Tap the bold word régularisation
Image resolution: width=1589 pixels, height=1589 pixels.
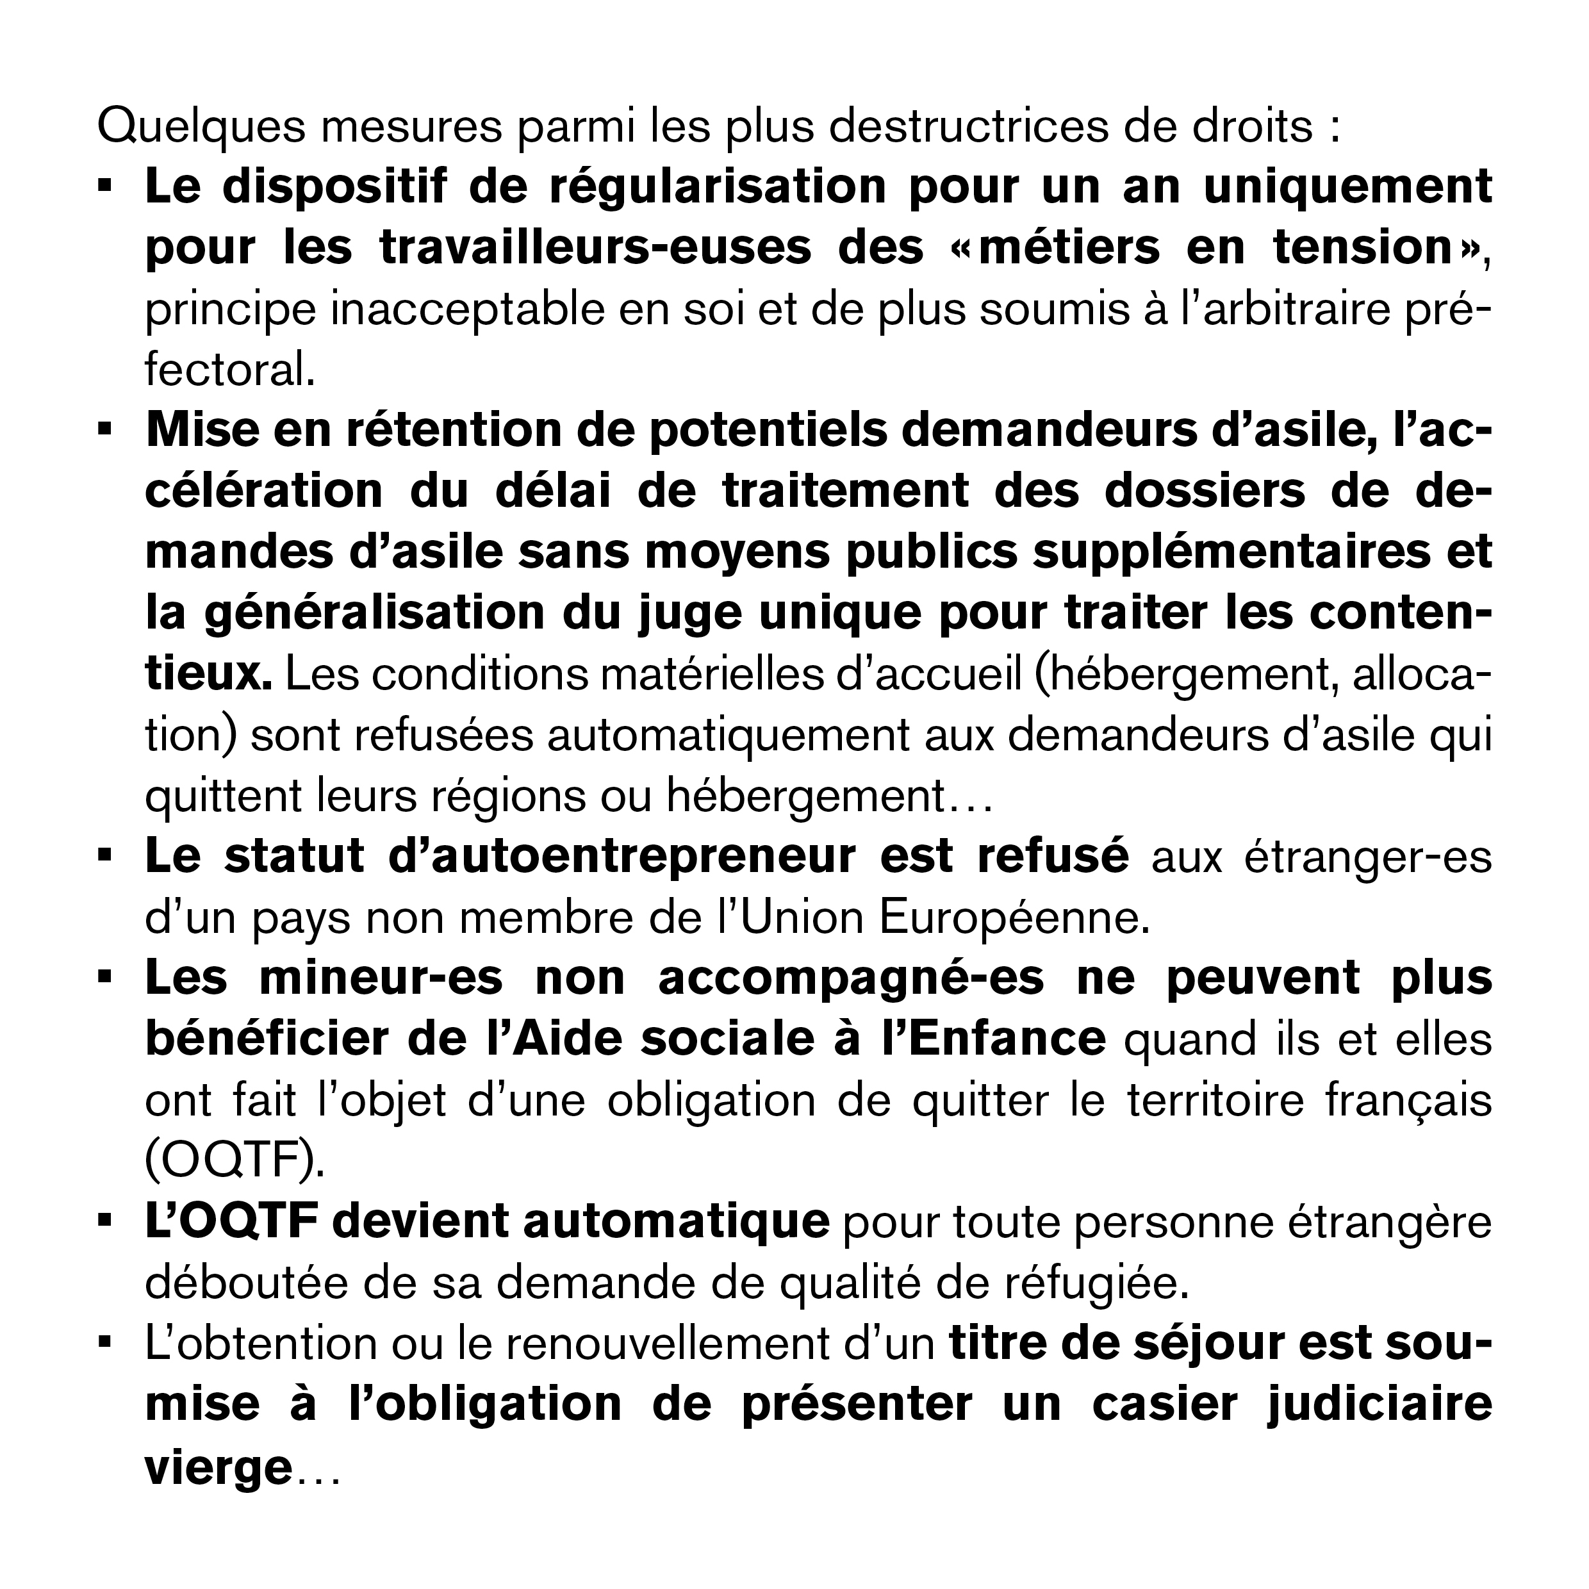[x=717, y=188]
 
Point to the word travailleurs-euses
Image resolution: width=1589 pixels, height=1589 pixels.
[x=595, y=249]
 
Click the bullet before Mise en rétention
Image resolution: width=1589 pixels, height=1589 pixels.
[x=104, y=429]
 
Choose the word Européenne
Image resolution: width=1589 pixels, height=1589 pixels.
[x=1013, y=919]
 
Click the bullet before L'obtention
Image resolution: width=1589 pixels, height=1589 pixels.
[x=104, y=1344]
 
